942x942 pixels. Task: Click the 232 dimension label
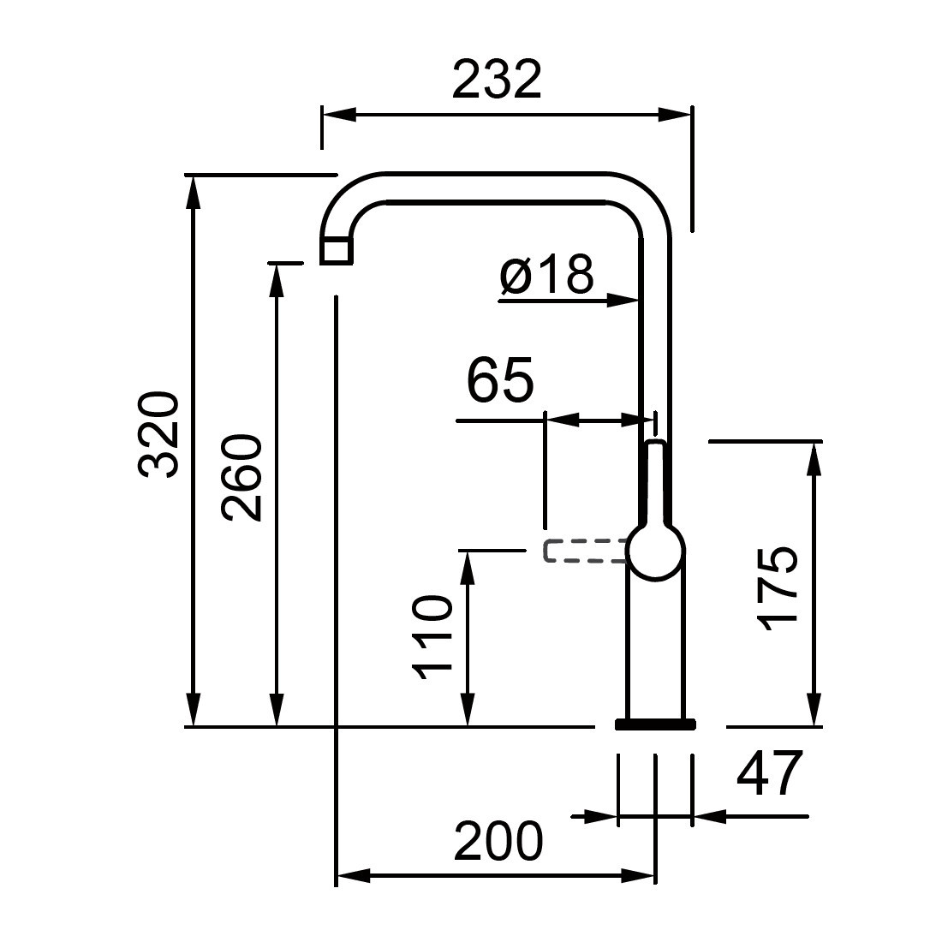pyautogui.click(x=497, y=79)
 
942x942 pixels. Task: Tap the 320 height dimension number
pyautogui.click(x=158, y=435)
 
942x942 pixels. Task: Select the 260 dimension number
pyautogui.click(x=241, y=478)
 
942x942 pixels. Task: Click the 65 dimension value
pyautogui.click(x=500, y=381)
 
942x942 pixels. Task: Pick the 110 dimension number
pyautogui.click(x=430, y=637)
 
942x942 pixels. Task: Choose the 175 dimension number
pyautogui.click(x=778, y=589)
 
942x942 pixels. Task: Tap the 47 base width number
pyautogui.click(x=770, y=773)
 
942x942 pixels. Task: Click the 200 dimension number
pyautogui.click(x=498, y=841)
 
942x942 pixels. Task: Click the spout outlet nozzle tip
pyautogui.click(x=336, y=251)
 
